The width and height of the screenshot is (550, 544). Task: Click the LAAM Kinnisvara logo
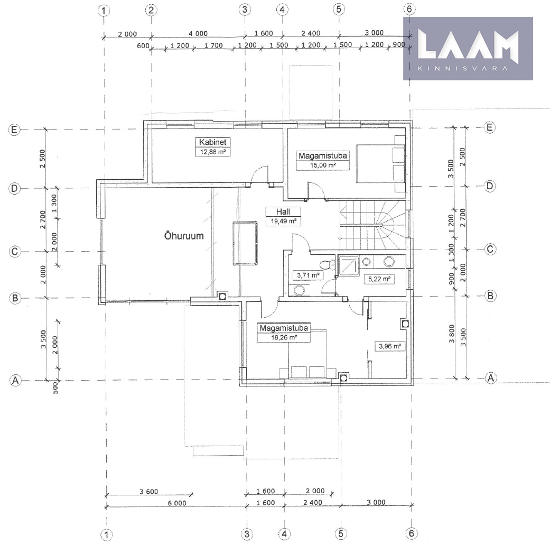tap(468, 49)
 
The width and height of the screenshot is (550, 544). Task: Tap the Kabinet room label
tap(212, 142)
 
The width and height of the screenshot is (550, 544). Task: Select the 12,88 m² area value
tap(212, 152)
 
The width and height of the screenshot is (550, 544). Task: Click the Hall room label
tap(283, 211)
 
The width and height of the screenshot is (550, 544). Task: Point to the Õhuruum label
tap(184, 235)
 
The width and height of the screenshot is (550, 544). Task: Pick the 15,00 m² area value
tap(323, 165)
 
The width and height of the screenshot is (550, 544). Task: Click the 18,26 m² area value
tap(284, 338)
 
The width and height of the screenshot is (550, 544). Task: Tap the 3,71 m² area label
tap(308, 275)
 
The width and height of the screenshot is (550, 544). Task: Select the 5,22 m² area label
tap(379, 279)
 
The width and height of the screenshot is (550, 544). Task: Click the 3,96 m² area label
tap(390, 346)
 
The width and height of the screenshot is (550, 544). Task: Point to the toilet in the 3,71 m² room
tap(327, 264)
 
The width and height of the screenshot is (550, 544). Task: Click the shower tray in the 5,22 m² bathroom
tap(348, 266)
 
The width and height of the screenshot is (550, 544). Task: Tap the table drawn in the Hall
tap(245, 243)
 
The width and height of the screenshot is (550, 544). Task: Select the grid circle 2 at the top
tap(151, 10)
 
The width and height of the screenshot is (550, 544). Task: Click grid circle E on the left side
tap(14, 130)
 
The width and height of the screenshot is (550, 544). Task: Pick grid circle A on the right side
tap(490, 378)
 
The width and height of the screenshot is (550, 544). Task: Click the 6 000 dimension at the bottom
tap(177, 503)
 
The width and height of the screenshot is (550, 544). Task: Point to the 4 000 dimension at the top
tap(198, 33)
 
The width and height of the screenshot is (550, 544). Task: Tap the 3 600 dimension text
tap(148, 492)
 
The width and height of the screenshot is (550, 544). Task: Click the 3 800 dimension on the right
tap(452, 334)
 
